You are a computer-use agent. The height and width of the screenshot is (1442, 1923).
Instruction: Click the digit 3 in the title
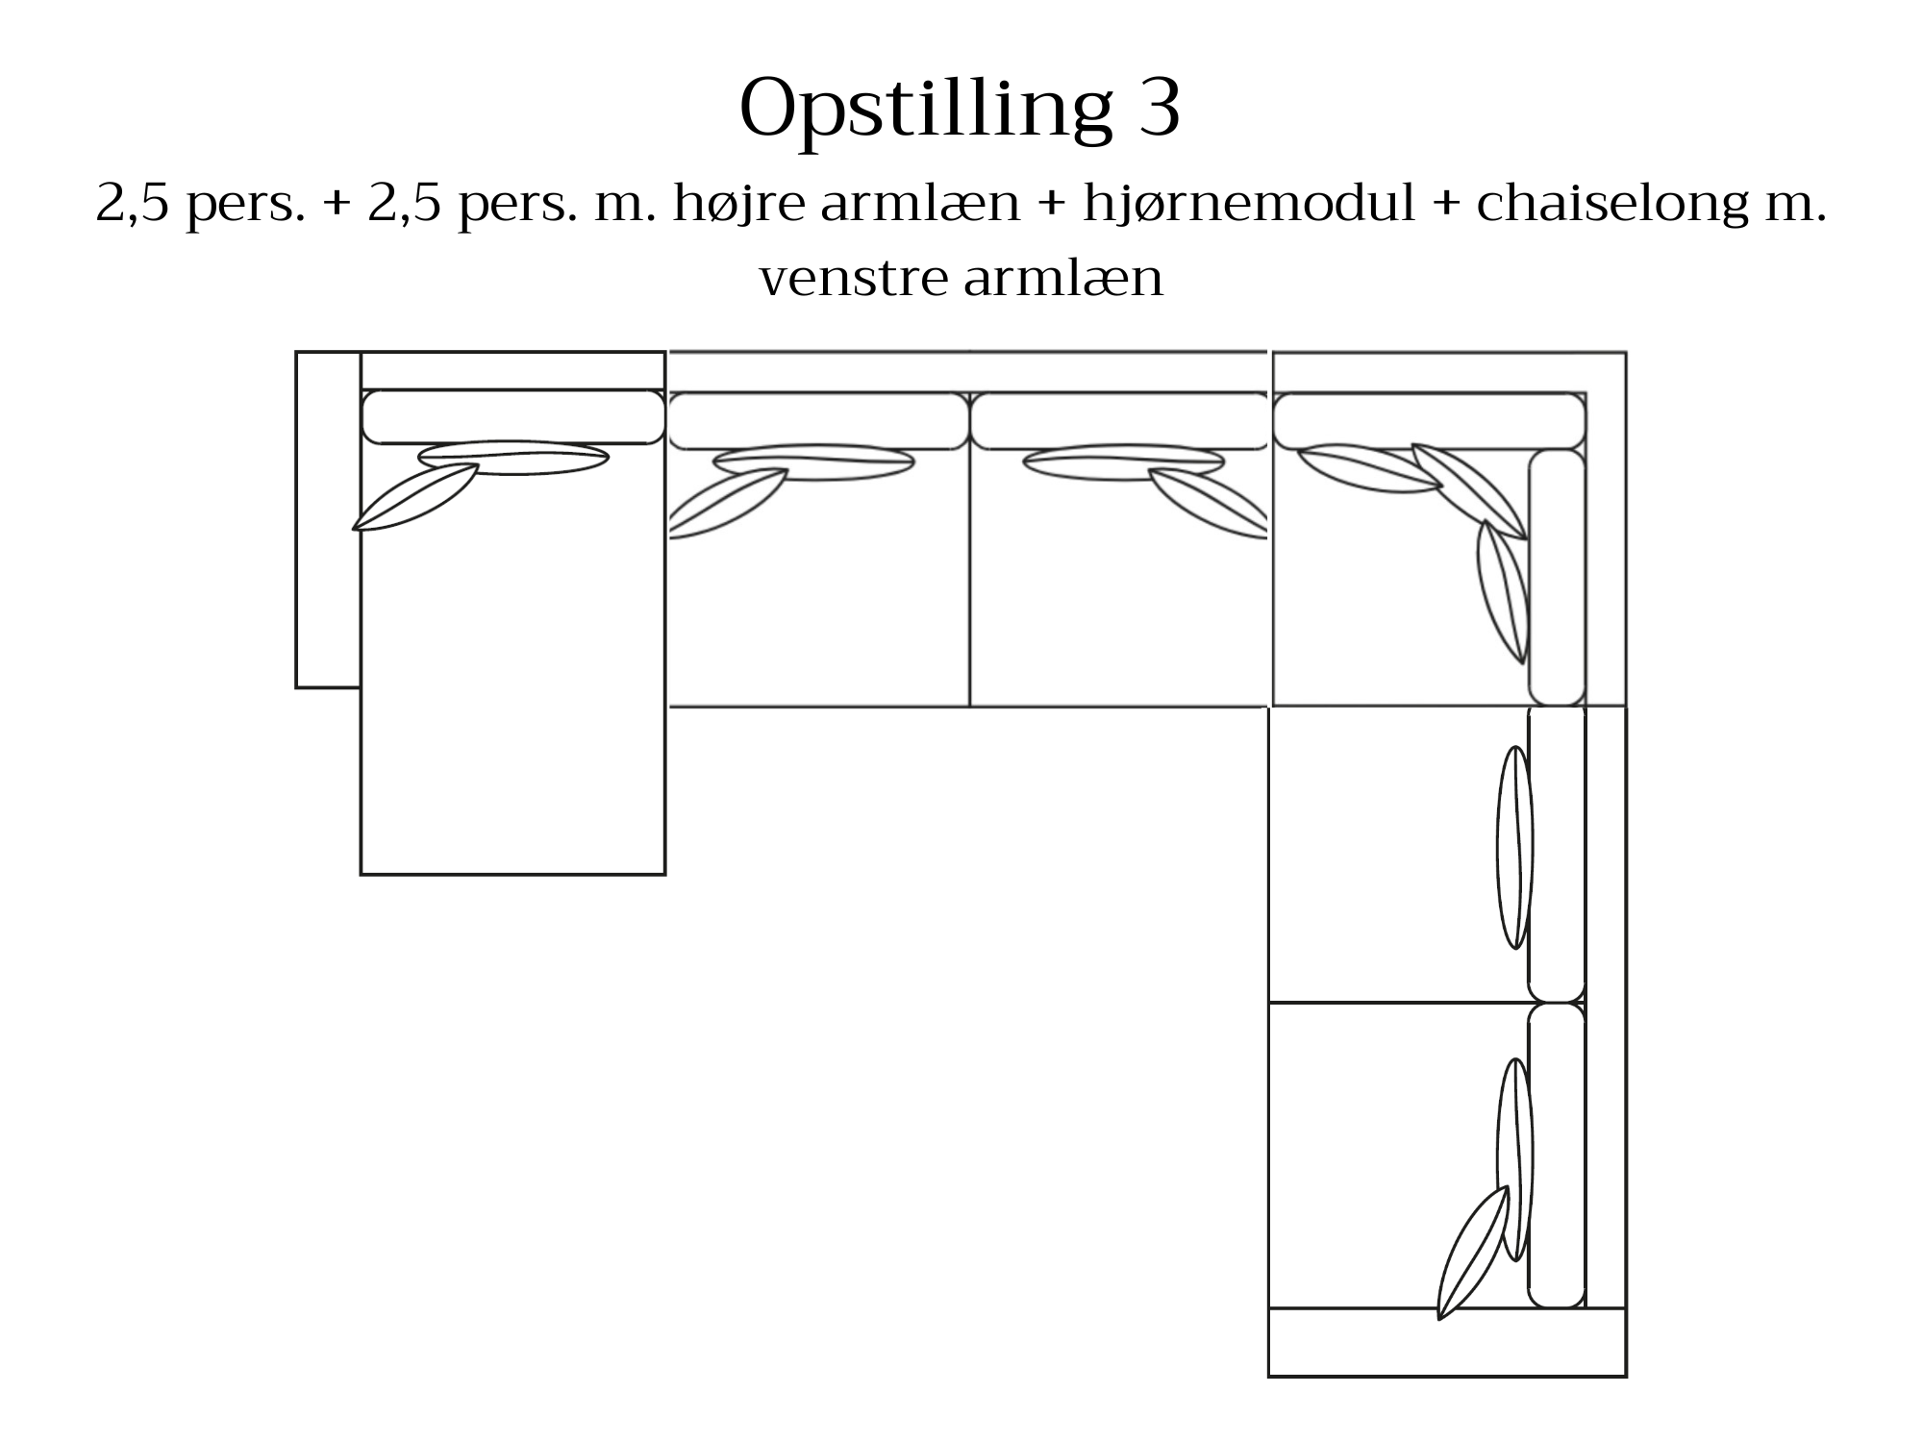pyautogui.click(x=1159, y=108)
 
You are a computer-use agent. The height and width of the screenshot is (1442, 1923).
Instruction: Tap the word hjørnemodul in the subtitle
pyautogui.click(x=1249, y=205)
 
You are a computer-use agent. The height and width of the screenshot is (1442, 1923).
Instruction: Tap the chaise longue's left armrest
pyautogui.click(x=328, y=519)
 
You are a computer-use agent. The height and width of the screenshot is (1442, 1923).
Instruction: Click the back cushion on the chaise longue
pyautogui.click(x=513, y=417)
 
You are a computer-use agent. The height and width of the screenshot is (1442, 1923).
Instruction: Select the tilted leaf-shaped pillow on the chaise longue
pyautogui.click(x=415, y=497)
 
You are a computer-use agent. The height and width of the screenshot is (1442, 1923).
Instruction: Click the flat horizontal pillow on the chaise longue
pyautogui.click(x=513, y=459)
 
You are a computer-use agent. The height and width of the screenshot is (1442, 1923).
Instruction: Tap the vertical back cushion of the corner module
pyautogui.click(x=1557, y=578)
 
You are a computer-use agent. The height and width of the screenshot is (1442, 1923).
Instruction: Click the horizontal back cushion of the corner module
pyautogui.click(x=1429, y=421)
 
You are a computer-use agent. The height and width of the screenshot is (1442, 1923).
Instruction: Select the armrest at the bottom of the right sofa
pyautogui.click(x=1447, y=1342)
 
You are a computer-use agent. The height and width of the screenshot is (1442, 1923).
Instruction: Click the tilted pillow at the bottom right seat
pyautogui.click(x=1473, y=1253)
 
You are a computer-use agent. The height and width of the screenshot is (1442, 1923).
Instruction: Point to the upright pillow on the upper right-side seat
pyautogui.click(x=1514, y=847)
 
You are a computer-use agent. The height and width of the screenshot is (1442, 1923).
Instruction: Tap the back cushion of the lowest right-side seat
pyautogui.click(x=1557, y=1156)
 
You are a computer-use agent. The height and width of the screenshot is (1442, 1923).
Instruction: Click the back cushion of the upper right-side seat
pyautogui.click(x=1557, y=855)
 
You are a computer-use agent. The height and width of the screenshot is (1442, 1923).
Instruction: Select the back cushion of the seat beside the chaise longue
pyautogui.click(x=818, y=421)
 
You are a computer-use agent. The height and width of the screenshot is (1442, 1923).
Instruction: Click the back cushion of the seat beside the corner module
pyautogui.click(x=1120, y=421)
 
